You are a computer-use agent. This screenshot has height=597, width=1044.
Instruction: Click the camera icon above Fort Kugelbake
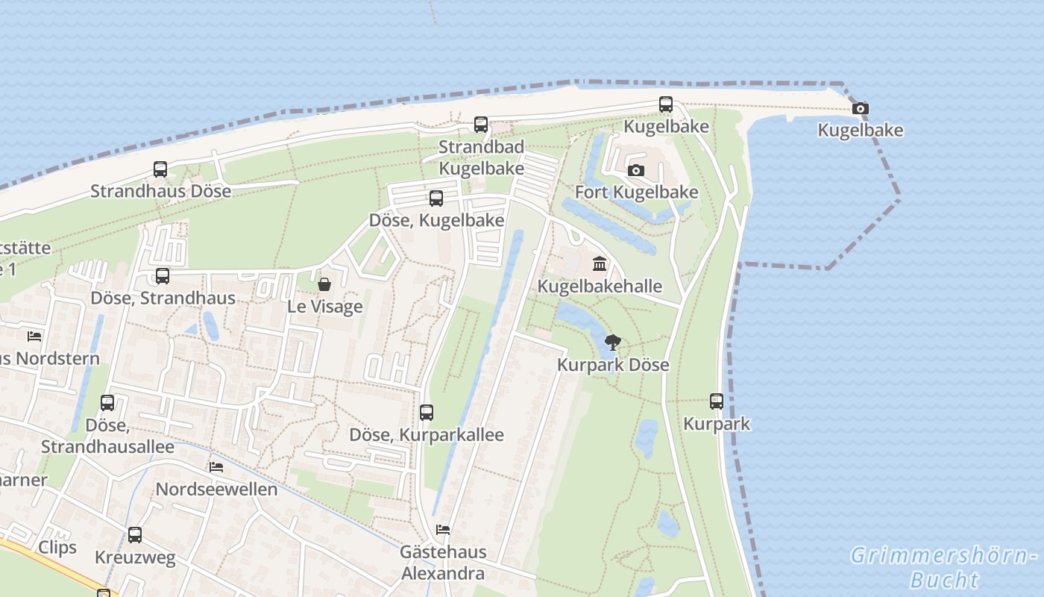pos(636,171)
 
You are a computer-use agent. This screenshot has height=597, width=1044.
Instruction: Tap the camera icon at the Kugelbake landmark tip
pos(860,109)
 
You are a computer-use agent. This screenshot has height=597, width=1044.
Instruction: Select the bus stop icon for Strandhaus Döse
pos(160,169)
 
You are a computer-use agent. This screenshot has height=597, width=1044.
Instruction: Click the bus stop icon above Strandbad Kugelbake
pos(481,125)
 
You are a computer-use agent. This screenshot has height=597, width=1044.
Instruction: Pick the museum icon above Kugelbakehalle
pos(600,264)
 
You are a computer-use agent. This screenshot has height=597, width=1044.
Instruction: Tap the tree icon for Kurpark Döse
pos(613,343)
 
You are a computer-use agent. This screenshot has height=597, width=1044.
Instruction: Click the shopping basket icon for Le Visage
pos(324,284)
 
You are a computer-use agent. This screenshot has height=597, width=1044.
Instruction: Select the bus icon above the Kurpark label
pos(717,401)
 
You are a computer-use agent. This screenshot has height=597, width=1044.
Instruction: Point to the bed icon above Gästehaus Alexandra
pos(443,530)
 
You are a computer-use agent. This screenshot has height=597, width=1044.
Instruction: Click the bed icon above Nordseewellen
pos(216,467)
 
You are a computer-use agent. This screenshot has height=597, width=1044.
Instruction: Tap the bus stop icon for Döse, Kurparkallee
pos(427,413)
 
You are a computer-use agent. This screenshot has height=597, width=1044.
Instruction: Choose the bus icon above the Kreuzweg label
pos(135,535)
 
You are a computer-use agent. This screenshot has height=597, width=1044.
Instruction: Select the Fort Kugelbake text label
pos(636,193)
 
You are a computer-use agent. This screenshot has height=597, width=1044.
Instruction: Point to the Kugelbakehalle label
pos(600,287)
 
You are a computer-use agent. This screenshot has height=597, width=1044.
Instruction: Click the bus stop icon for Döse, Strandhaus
pos(163,276)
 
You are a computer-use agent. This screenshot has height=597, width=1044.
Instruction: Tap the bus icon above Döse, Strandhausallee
pos(107,403)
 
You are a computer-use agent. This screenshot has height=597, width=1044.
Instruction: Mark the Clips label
pos(57,548)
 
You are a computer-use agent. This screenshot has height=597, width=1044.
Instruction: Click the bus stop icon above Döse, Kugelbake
pos(436,199)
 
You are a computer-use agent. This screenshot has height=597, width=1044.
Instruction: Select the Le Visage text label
pos(325,307)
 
